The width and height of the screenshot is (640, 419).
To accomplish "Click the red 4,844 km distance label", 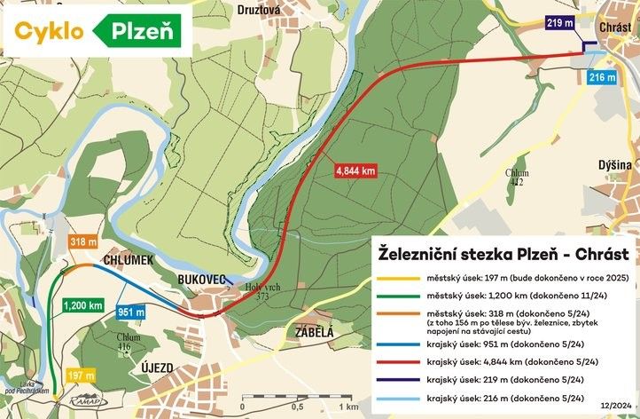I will [355, 170].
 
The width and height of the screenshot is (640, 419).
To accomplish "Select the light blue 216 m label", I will [603, 78].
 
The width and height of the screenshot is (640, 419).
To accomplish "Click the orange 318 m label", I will [82, 242].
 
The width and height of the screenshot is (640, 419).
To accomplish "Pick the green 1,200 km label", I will [83, 305].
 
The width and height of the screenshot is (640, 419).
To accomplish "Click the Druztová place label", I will [259, 11].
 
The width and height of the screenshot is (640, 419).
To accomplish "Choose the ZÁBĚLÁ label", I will [308, 333].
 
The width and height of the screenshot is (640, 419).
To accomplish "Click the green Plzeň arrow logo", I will [144, 31].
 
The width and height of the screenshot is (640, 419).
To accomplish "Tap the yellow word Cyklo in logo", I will [50, 31].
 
